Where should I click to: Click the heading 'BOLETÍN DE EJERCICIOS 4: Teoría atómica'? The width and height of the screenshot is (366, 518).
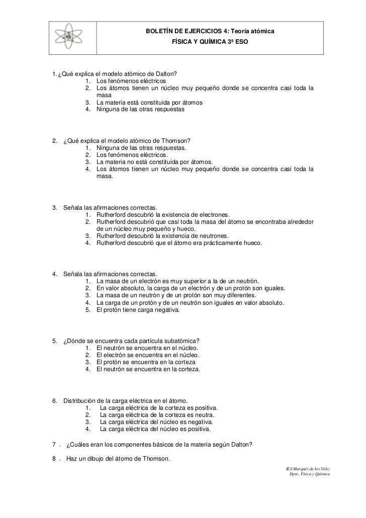(210, 32)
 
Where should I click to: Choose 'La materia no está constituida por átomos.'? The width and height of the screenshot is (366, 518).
(154, 162)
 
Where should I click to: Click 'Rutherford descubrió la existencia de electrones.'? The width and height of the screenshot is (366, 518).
(163, 214)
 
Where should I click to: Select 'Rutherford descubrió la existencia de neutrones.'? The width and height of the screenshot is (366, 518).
(162, 235)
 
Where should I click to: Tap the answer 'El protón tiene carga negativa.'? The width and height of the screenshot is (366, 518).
(138, 310)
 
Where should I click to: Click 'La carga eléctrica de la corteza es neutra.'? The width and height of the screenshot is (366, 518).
(157, 415)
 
